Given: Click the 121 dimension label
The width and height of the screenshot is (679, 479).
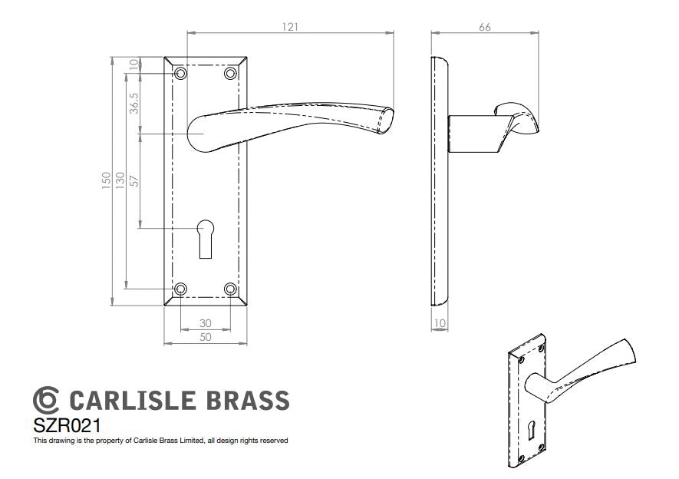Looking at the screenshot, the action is [290, 27].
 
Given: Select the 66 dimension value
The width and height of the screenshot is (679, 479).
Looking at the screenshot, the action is [485, 27].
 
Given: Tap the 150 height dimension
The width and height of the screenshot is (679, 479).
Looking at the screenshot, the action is [107, 180].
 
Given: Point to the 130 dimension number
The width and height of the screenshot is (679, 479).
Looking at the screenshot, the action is [120, 180].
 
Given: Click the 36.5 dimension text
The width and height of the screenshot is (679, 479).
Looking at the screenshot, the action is [134, 104].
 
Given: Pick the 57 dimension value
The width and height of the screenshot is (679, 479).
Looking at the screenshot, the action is [134, 180].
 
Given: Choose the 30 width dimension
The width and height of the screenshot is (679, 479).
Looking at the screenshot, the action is [206, 323].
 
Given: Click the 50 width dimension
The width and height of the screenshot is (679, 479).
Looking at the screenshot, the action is [206, 337].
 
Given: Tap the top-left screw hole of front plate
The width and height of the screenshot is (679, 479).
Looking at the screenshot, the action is [180, 74].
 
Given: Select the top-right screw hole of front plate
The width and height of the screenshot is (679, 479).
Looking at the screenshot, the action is [230, 74].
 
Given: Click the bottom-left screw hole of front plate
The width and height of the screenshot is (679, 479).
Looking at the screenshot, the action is [180, 289].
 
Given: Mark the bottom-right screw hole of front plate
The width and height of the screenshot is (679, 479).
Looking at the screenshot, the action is [230, 289].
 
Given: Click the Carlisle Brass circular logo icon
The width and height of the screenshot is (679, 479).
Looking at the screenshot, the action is [46, 400].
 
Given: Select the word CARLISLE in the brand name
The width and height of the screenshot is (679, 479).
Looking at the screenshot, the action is [132, 400].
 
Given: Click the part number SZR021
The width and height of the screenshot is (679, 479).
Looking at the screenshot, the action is [67, 425].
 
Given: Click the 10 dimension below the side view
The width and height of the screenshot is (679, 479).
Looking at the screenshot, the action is [440, 323].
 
